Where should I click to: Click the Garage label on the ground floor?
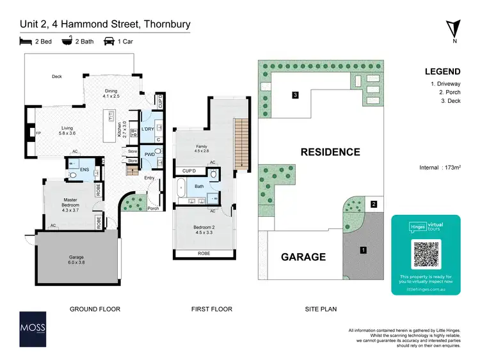pyautogui.click(x=76, y=259)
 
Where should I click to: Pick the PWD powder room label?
pyautogui.click(x=148, y=154)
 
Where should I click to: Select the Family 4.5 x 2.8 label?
pyautogui.click(x=202, y=149)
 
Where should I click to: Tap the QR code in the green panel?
pyautogui.click(x=426, y=254)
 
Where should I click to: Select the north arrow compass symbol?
pyautogui.click(x=455, y=29)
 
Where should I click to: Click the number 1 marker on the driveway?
pyautogui.click(x=362, y=250)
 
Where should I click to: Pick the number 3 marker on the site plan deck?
pyautogui.click(x=295, y=95)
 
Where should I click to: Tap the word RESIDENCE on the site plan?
pyautogui.click(x=331, y=152)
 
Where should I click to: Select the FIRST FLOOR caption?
pyautogui.click(x=211, y=309)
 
